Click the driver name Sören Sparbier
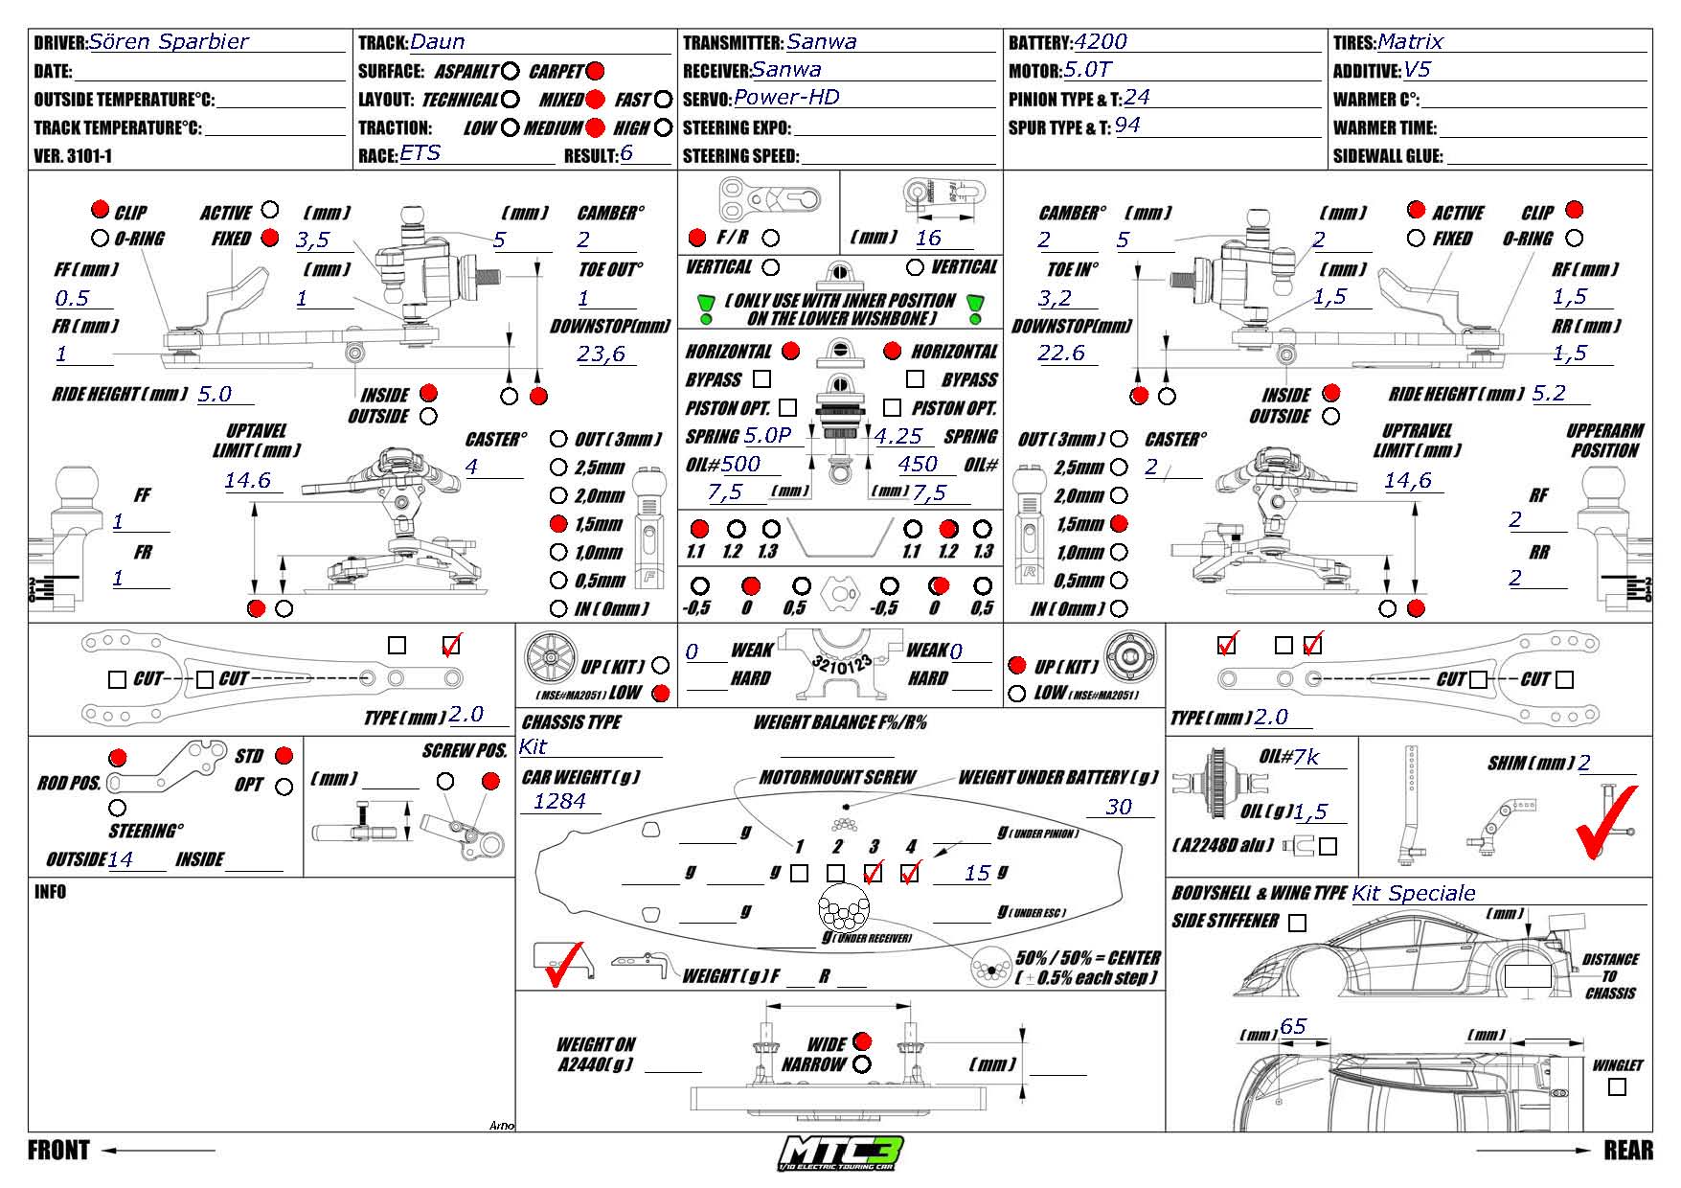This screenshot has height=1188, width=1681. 169,42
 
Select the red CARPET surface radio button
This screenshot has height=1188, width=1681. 595,71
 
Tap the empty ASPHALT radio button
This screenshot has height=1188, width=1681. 511,71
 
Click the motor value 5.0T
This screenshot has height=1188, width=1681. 1087,70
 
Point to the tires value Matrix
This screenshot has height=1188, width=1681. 1410,42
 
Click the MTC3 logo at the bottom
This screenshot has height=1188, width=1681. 841,1152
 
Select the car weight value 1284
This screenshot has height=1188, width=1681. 559,801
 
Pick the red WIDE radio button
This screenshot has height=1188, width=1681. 862,1041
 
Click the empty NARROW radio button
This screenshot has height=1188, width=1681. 862,1064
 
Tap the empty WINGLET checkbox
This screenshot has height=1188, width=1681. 1618,1087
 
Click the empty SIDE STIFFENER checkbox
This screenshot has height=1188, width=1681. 1297,923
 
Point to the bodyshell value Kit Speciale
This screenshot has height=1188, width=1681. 1414,894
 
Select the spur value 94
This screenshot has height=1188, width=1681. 1127,126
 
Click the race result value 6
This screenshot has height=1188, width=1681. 626,153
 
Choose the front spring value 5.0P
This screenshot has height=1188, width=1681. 768,436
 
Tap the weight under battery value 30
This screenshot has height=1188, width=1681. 1118,807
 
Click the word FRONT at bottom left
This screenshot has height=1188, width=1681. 58,1150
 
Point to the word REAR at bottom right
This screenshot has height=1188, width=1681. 1628,1150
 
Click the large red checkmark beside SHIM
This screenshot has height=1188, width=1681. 1605,821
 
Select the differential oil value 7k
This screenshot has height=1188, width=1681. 1306,758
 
